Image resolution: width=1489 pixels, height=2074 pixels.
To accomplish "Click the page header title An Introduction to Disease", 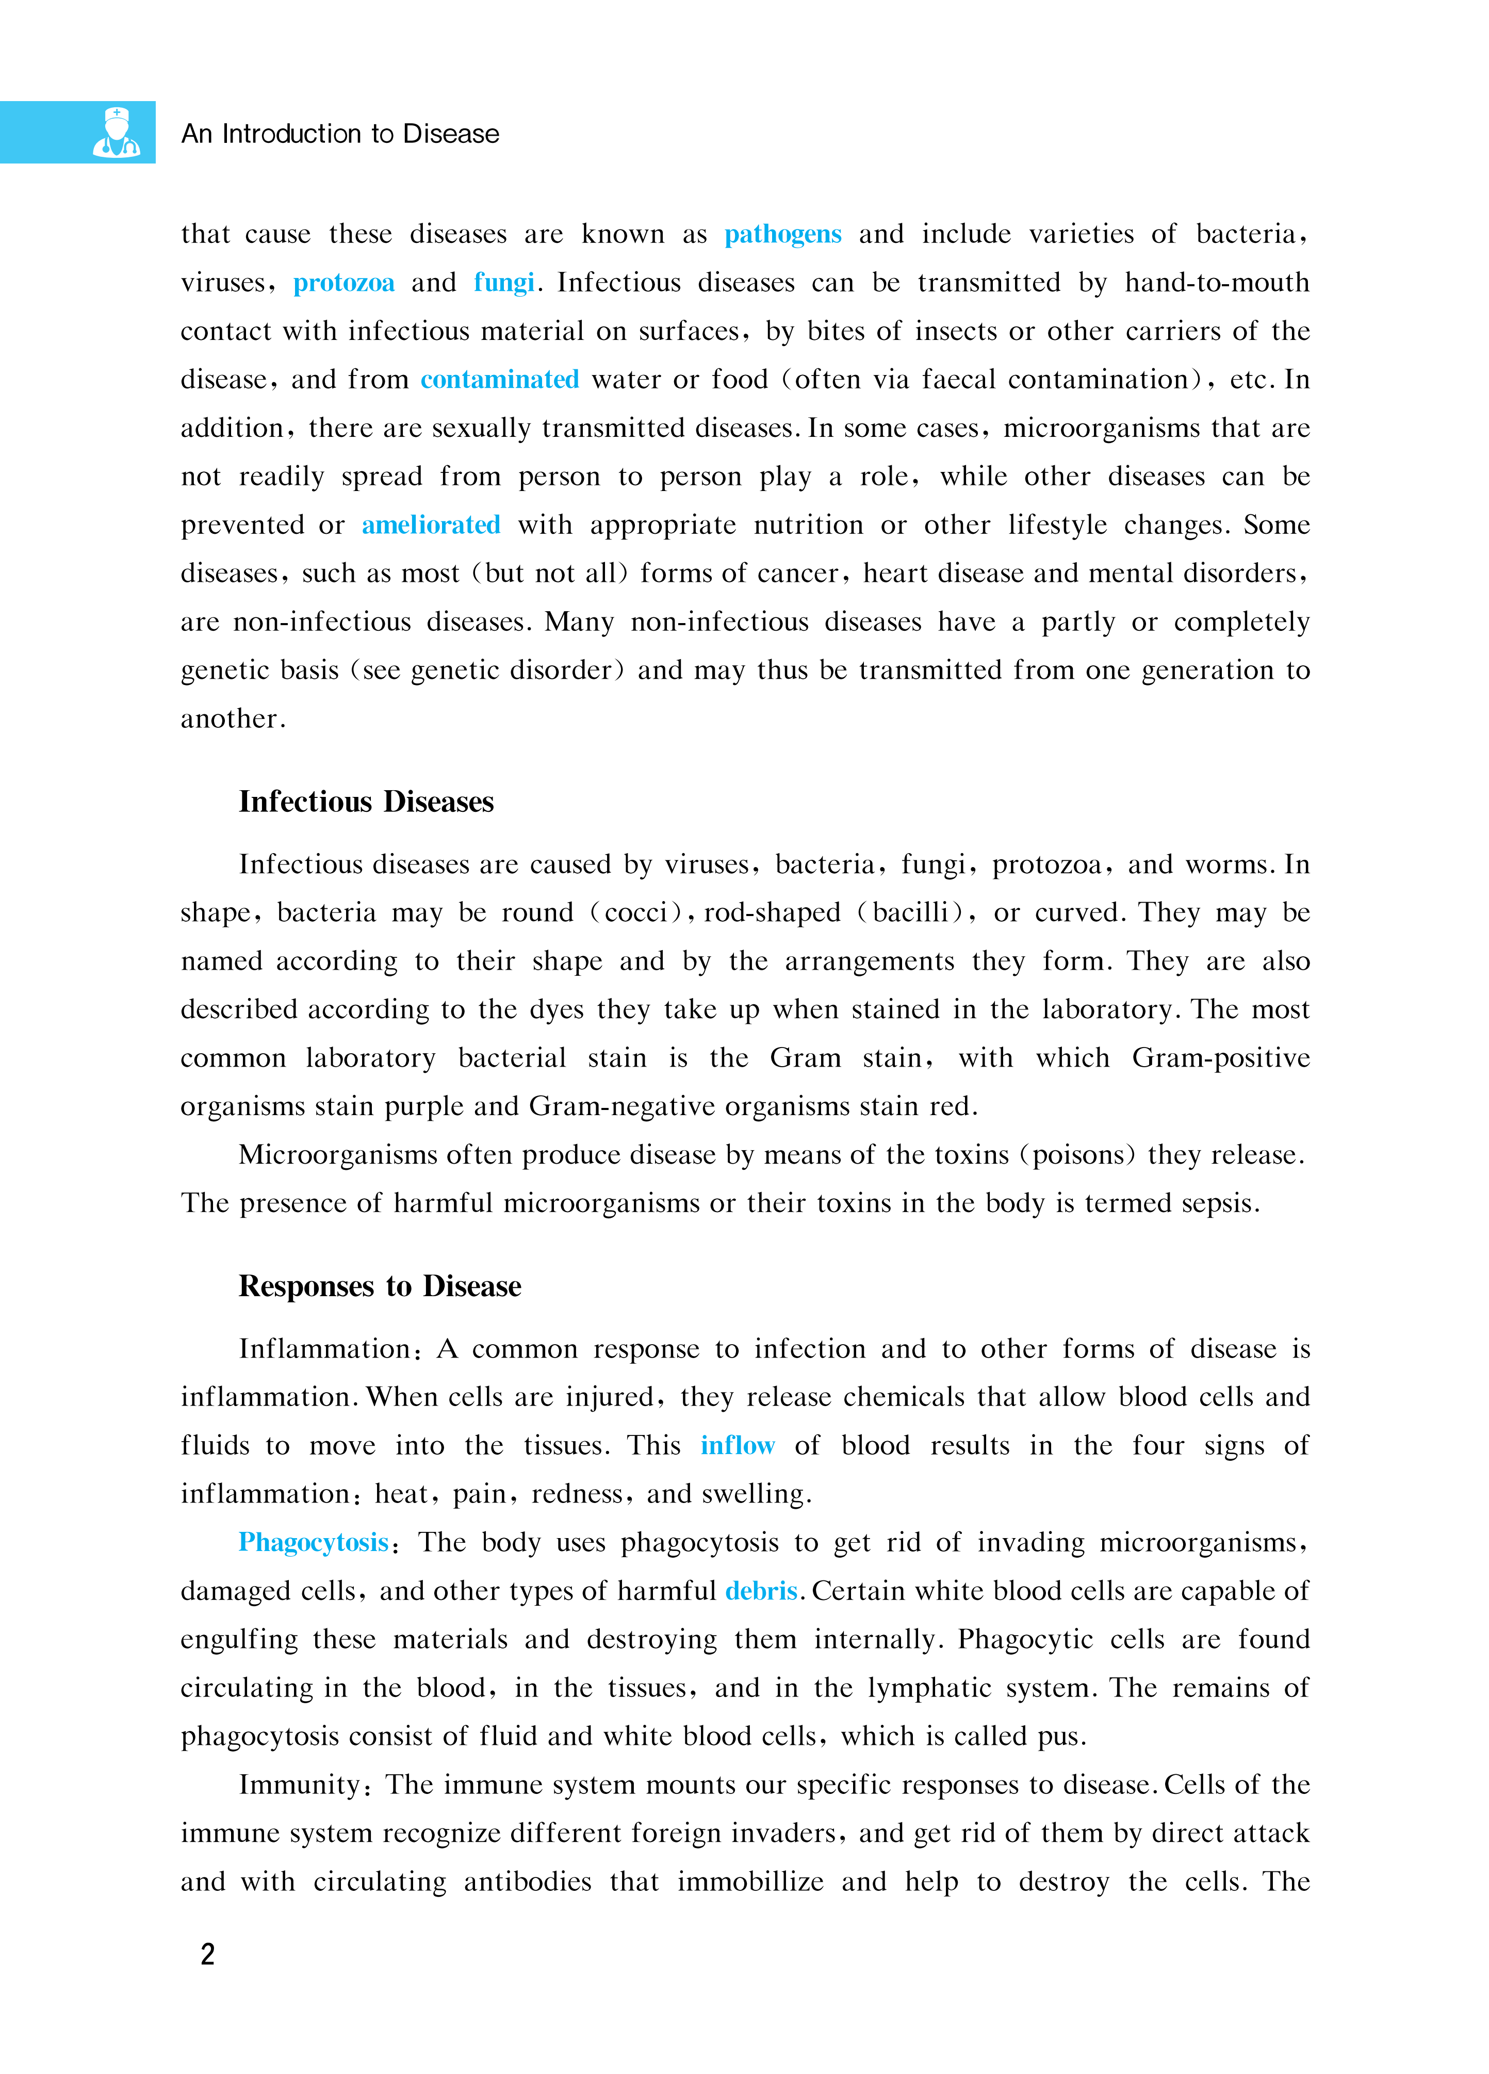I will point(340,134).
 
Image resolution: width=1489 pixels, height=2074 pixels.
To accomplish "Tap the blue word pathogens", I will point(783,234).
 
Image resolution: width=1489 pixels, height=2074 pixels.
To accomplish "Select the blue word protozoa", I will point(344,283).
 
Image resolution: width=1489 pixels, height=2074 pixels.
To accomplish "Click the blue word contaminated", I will point(499,380).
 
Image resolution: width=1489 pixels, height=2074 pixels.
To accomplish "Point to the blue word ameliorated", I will point(431,525).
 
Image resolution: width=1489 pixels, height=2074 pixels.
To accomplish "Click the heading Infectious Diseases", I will point(366,802).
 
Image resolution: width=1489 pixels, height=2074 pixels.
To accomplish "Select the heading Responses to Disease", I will point(380,1287).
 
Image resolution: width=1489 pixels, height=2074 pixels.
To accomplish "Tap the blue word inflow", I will point(737,1446).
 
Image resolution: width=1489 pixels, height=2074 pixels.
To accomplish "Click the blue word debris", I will point(761,1591).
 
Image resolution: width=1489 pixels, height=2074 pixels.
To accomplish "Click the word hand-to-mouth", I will point(1217,283).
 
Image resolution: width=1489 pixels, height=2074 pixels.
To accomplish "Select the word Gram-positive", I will point(1220,1058).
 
